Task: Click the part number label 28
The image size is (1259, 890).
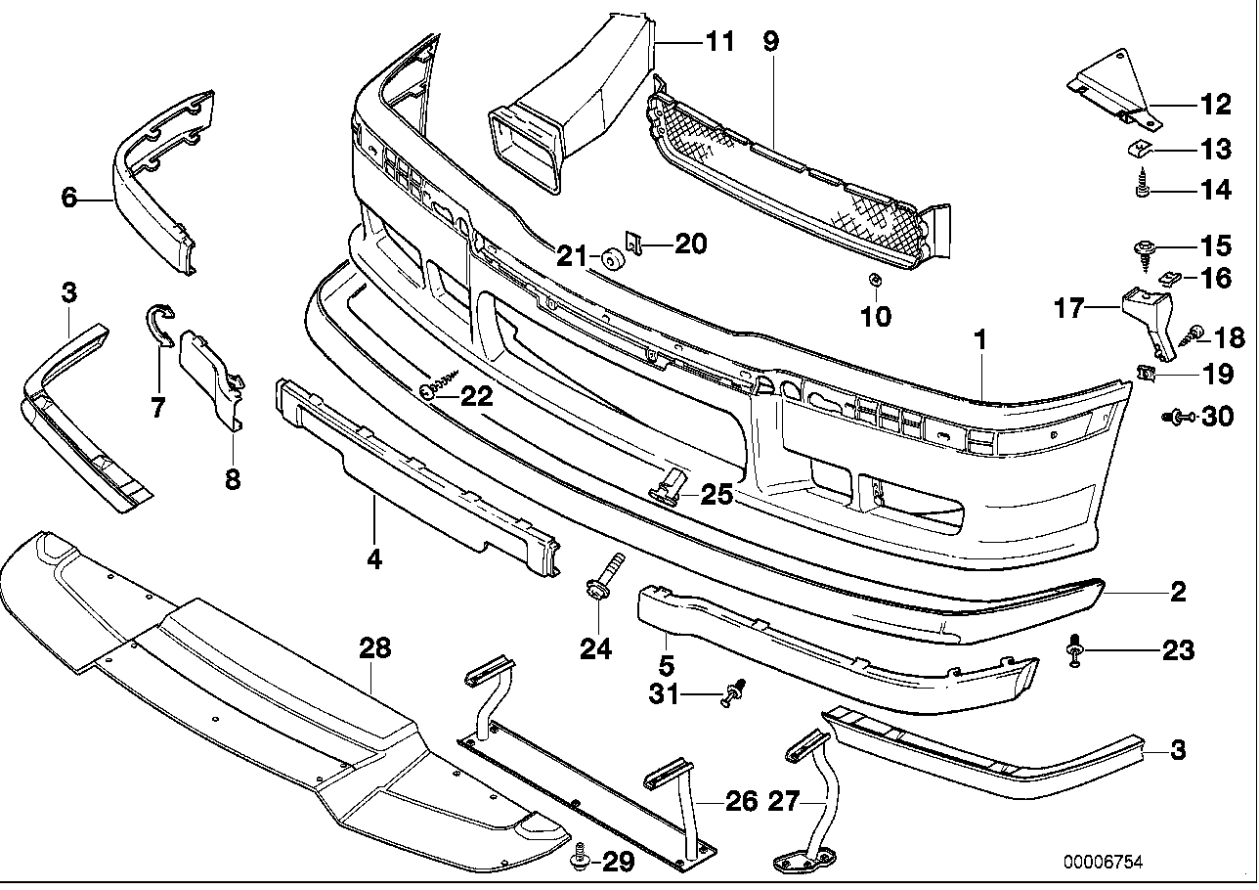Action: [x=374, y=647]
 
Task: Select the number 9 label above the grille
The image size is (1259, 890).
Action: [x=770, y=42]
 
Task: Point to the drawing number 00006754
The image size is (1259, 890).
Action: [x=1105, y=863]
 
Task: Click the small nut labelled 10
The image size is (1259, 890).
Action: [x=875, y=281]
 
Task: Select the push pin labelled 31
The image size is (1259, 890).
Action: [x=735, y=693]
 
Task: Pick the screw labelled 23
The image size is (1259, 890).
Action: [x=1076, y=649]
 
